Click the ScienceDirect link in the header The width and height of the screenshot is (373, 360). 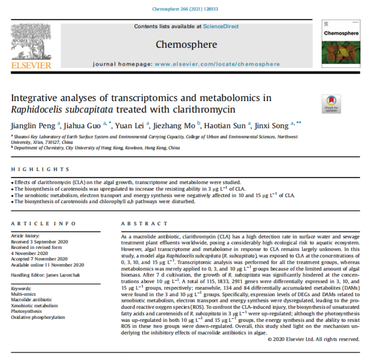pos(221,27)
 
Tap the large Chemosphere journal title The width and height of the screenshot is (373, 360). pos(186,44)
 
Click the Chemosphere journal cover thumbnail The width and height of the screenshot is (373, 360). pos(341,42)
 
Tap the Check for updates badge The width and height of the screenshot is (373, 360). pos(331,104)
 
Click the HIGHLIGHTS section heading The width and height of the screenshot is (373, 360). pos(40,169)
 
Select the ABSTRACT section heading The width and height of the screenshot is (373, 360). pos(144,223)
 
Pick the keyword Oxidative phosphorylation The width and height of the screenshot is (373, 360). pos(38,317)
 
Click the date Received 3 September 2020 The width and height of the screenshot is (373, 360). pos(40,241)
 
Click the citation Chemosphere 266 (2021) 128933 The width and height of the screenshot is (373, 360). pos(186,9)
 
